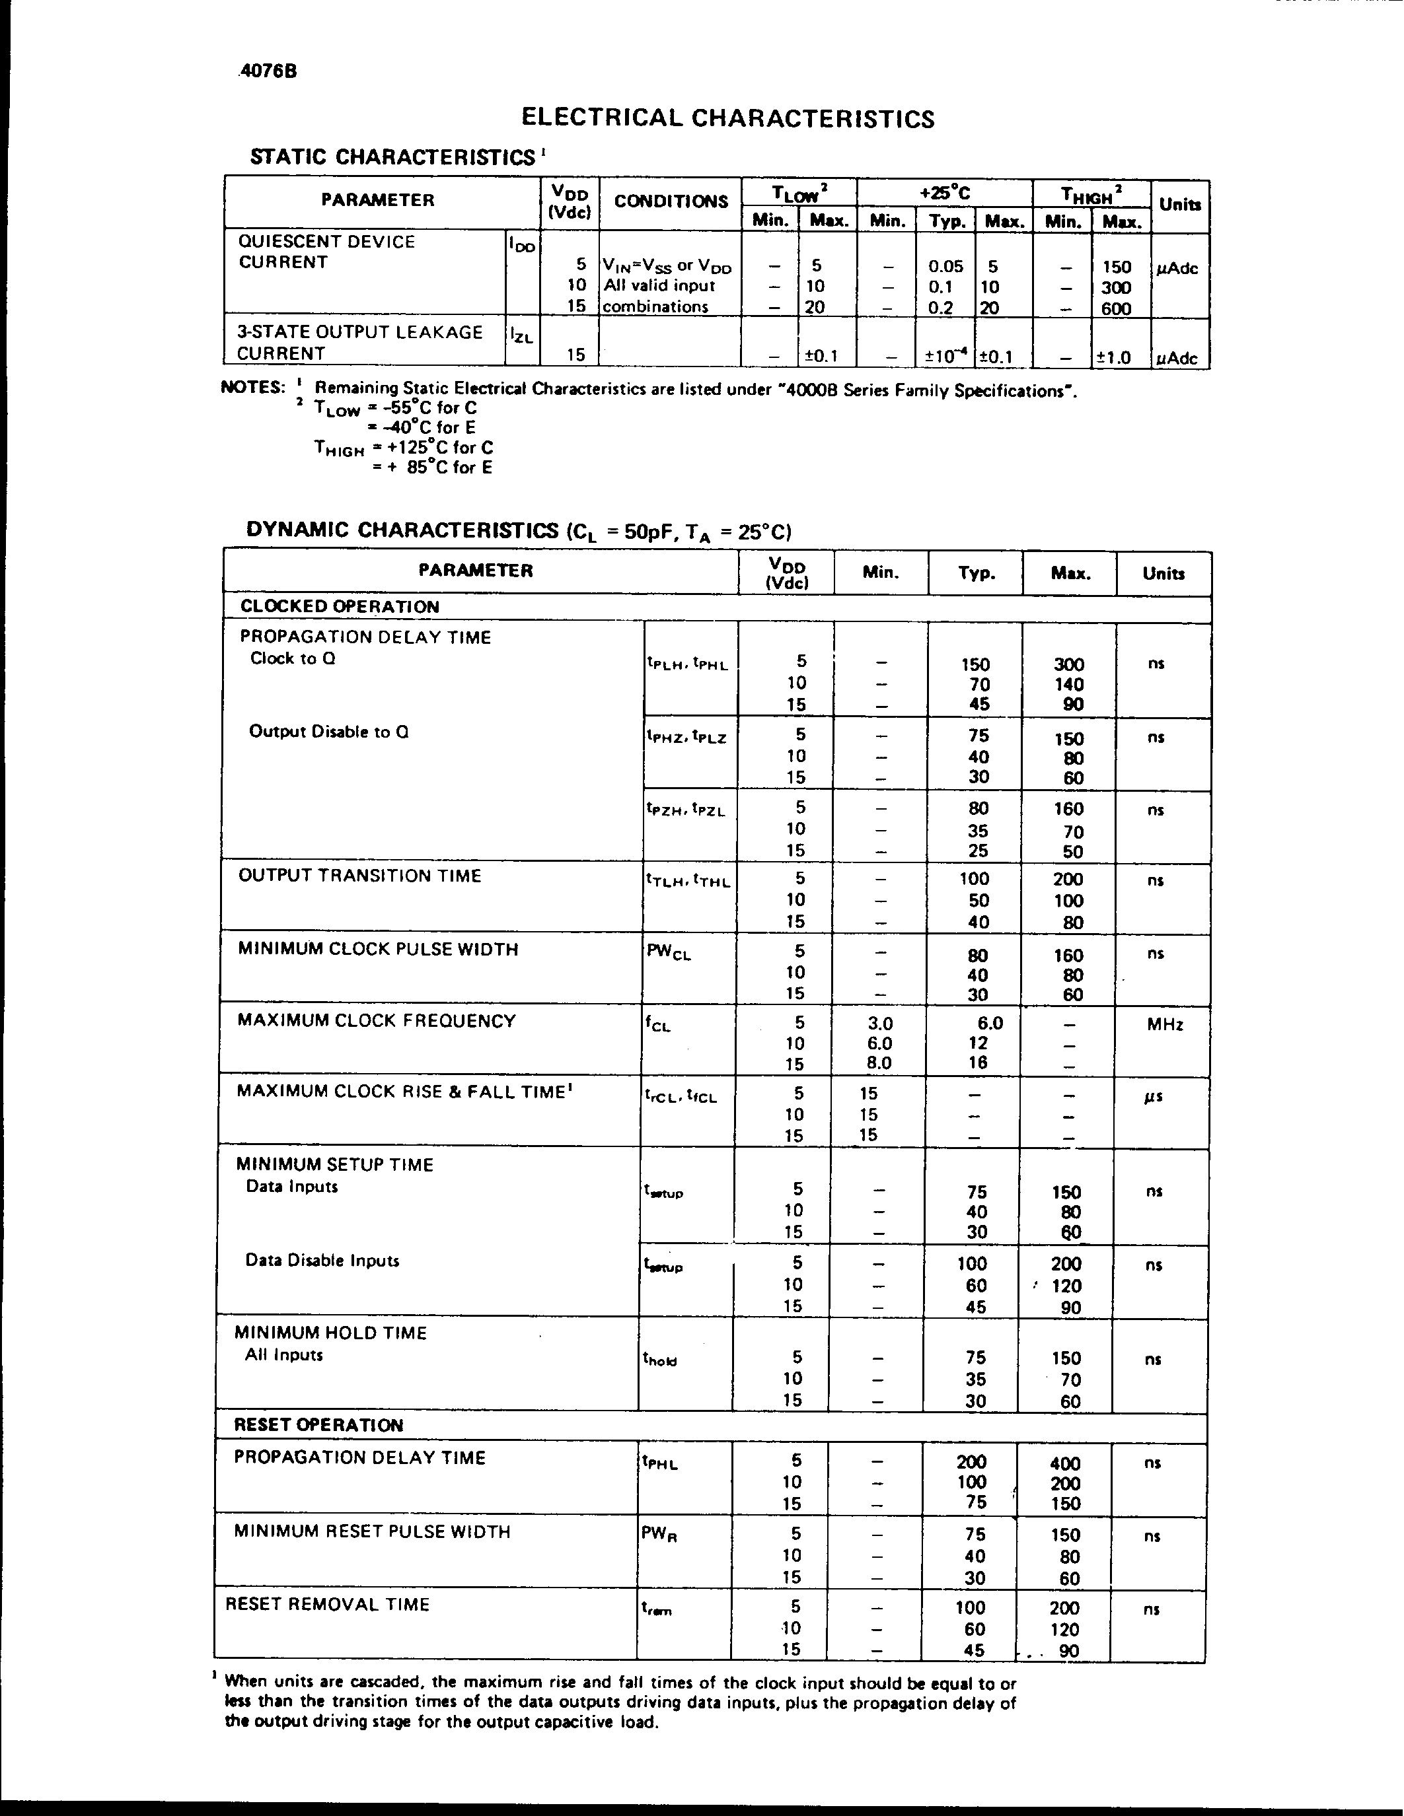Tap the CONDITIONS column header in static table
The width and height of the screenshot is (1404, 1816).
point(671,201)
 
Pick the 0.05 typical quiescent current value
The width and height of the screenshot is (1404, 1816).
point(945,267)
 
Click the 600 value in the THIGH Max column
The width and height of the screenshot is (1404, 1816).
point(1115,308)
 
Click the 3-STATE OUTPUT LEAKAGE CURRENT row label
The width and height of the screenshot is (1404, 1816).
point(359,343)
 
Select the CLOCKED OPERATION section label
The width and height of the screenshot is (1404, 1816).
point(340,606)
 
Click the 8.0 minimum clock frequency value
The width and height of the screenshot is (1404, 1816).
point(879,1063)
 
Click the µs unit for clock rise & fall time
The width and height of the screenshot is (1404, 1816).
point(1153,1096)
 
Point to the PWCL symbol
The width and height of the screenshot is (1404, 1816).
point(668,952)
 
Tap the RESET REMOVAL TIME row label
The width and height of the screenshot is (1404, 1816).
point(327,1605)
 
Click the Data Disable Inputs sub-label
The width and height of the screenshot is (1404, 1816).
point(322,1261)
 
